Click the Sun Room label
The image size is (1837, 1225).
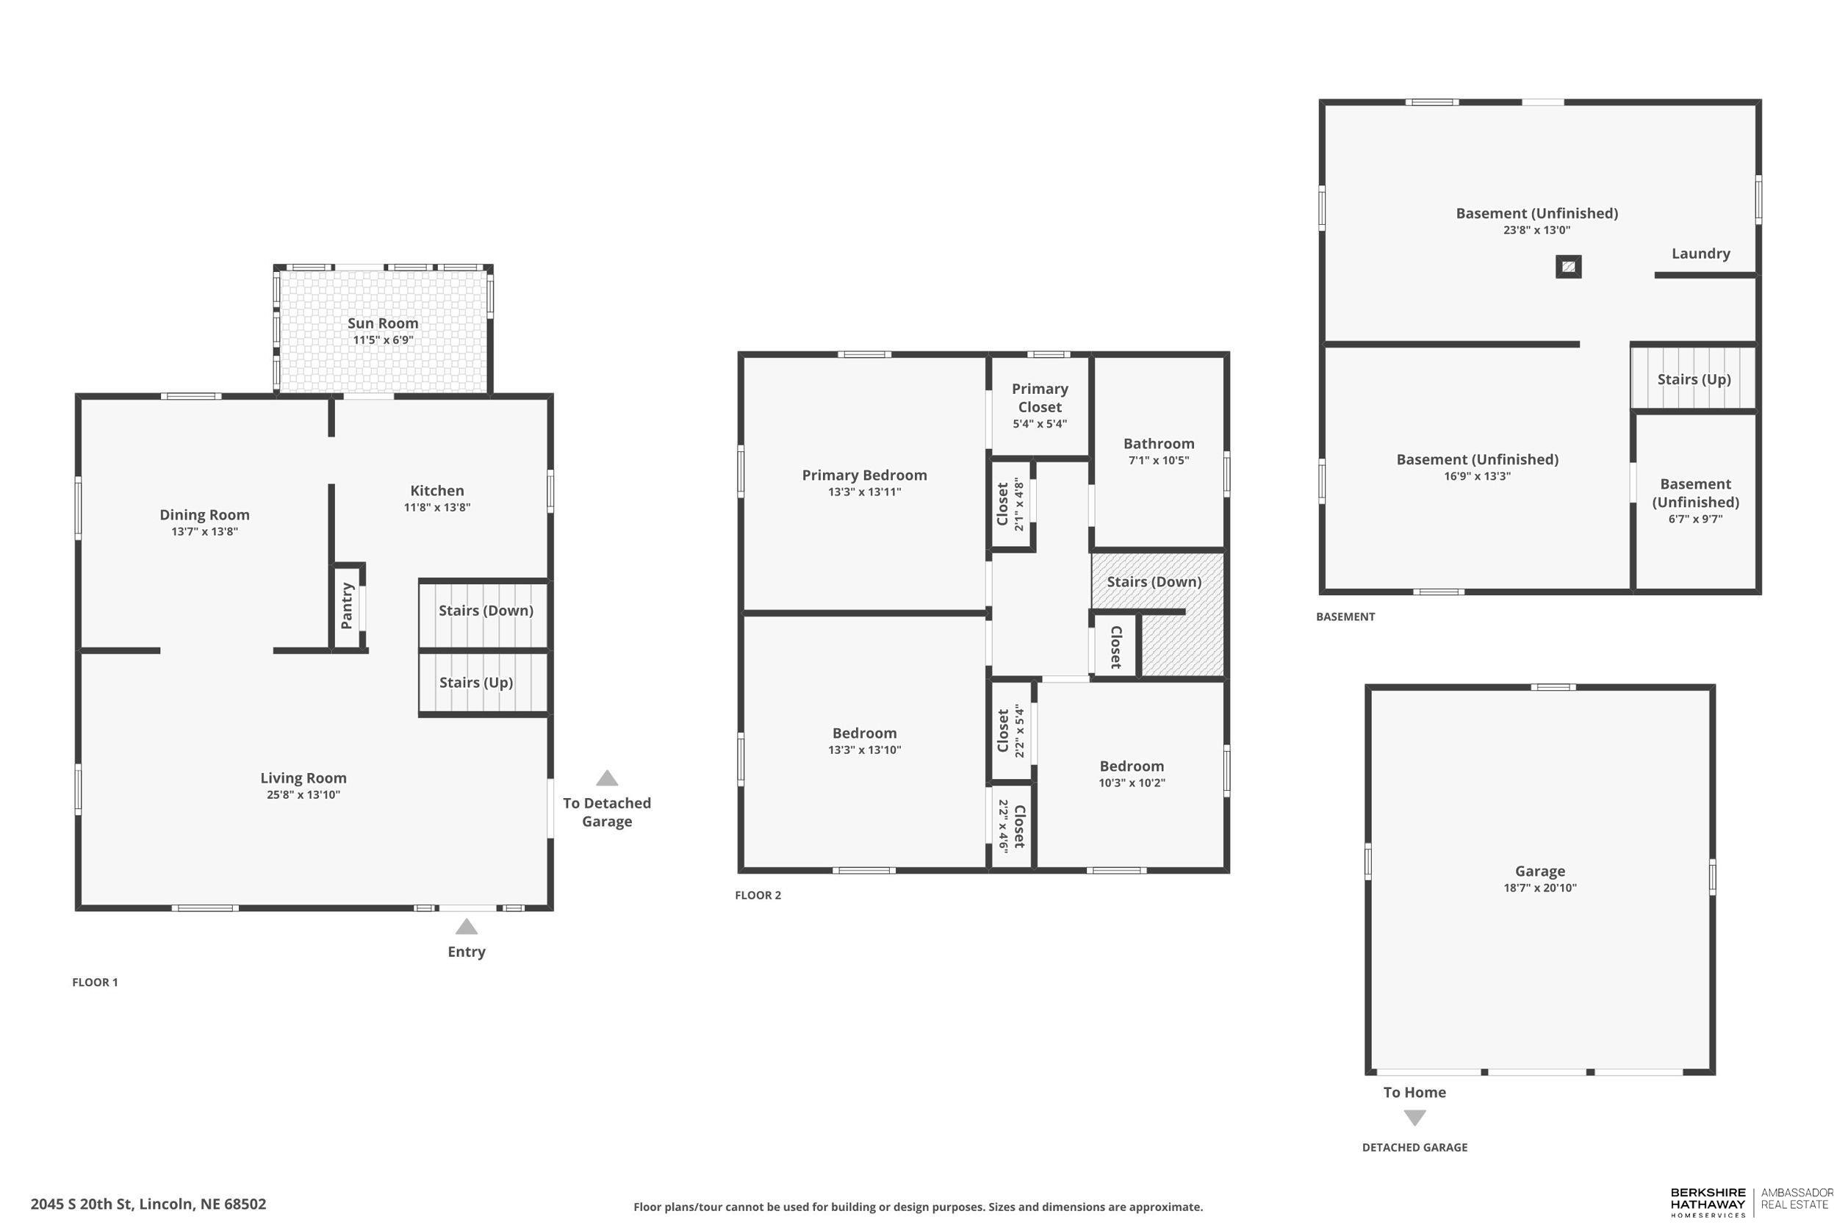(x=383, y=323)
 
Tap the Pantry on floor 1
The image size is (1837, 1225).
(x=347, y=606)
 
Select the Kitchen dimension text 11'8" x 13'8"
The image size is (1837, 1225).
(x=436, y=508)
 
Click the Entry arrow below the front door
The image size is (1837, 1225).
(x=467, y=927)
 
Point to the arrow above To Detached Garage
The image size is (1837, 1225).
(x=607, y=778)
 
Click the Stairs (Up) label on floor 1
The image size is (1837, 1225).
(x=475, y=683)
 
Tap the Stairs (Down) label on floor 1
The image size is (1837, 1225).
(x=486, y=611)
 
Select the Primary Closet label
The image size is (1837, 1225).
(x=1040, y=398)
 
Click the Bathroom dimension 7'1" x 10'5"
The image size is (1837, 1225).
(x=1158, y=461)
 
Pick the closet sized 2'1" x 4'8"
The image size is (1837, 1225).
(x=1010, y=505)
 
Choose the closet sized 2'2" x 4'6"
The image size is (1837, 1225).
(x=1011, y=826)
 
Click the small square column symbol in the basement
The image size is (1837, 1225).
(x=1568, y=267)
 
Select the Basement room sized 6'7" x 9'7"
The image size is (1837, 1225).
(x=1695, y=500)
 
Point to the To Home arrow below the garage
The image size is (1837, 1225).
(x=1414, y=1118)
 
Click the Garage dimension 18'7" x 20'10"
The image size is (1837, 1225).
(x=1539, y=888)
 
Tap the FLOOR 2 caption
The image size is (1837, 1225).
(x=758, y=895)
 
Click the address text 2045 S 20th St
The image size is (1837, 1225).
(x=148, y=1204)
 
